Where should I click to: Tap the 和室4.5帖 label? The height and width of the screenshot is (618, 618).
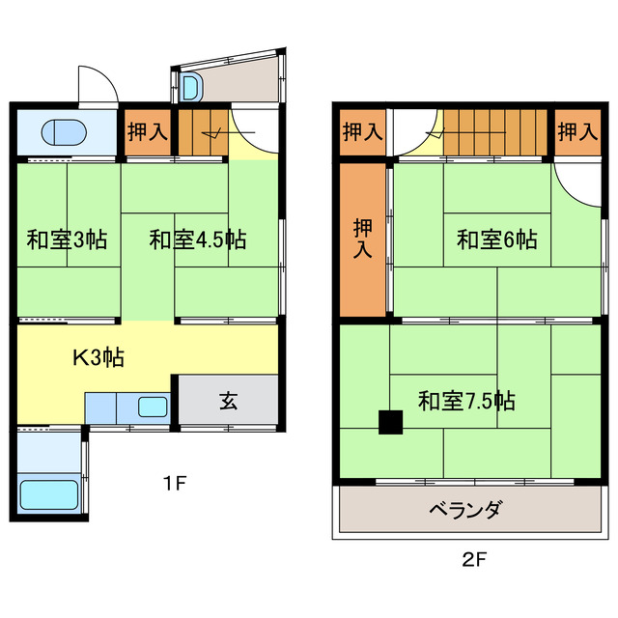click(x=197, y=240)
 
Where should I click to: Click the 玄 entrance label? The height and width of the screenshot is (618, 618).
click(x=228, y=400)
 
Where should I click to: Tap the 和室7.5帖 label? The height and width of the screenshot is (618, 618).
click(x=465, y=400)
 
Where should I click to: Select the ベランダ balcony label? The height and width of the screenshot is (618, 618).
click(x=465, y=510)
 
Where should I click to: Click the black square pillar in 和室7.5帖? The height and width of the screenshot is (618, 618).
click(x=390, y=422)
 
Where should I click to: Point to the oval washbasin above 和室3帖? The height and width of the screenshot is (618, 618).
click(x=65, y=132)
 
